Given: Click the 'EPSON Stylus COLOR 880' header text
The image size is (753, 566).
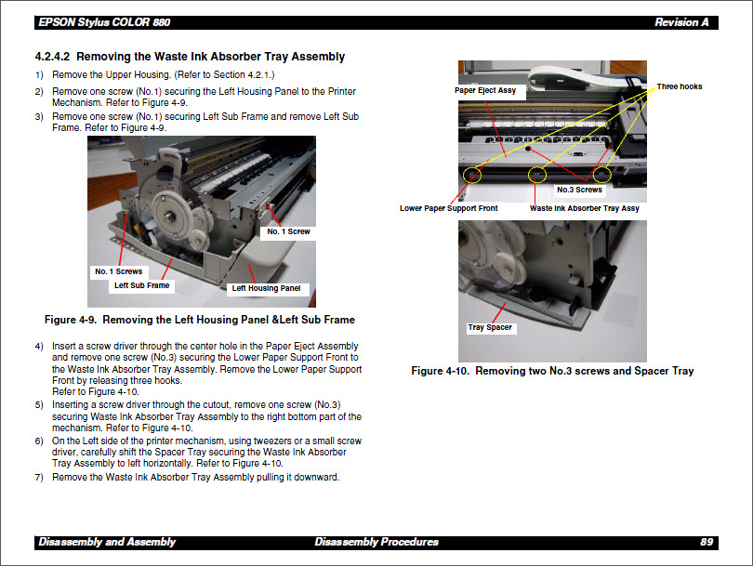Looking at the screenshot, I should (x=104, y=22).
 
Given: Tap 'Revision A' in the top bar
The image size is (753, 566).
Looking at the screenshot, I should (x=681, y=22).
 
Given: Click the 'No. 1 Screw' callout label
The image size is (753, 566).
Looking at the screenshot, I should (x=288, y=231).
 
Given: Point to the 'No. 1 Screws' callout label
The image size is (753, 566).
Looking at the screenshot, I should (x=118, y=271).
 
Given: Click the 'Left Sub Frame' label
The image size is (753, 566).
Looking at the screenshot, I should (x=141, y=285).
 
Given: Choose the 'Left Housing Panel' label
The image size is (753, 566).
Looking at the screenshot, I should (x=266, y=288).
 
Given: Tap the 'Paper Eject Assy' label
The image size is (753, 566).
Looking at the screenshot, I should (x=485, y=90).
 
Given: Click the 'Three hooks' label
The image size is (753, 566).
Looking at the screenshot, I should (x=679, y=86).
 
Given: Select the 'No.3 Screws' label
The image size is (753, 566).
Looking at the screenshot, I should (x=579, y=190).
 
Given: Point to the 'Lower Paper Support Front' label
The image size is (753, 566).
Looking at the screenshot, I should (x=448, y=208).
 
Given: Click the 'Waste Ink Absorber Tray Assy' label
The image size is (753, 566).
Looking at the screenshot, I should (x=584, y=208).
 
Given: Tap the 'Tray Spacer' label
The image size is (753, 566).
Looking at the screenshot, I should (x=490, y=327).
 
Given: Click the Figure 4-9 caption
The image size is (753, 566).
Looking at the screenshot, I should (x=199, y=320).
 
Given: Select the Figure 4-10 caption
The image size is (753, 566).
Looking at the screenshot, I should (x=552, y=371).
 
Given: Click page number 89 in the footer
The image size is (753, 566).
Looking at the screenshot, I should (x=706, y=542).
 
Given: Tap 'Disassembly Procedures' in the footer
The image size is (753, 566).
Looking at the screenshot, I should (x=376, y=542).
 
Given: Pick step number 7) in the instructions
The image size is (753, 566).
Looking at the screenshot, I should (x=39, y=477).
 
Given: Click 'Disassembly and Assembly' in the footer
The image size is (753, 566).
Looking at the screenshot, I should (x=106, y=542).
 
